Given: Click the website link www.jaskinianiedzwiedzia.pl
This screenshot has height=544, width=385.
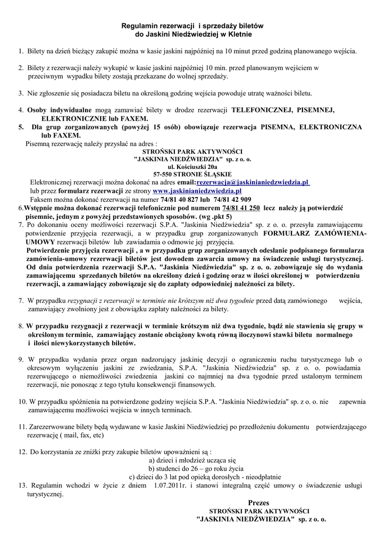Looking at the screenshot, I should click(x=197, y=191).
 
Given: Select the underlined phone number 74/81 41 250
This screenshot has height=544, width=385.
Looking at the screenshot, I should click(x=241, y=208).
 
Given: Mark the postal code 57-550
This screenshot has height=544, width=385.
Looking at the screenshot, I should click(x=163, y=174).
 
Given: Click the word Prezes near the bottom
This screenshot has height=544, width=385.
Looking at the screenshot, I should click(x=258, y=502).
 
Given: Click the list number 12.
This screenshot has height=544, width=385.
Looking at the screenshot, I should click(x=22, y=452).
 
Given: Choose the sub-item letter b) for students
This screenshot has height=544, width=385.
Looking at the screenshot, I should click(x=152, y=468).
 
